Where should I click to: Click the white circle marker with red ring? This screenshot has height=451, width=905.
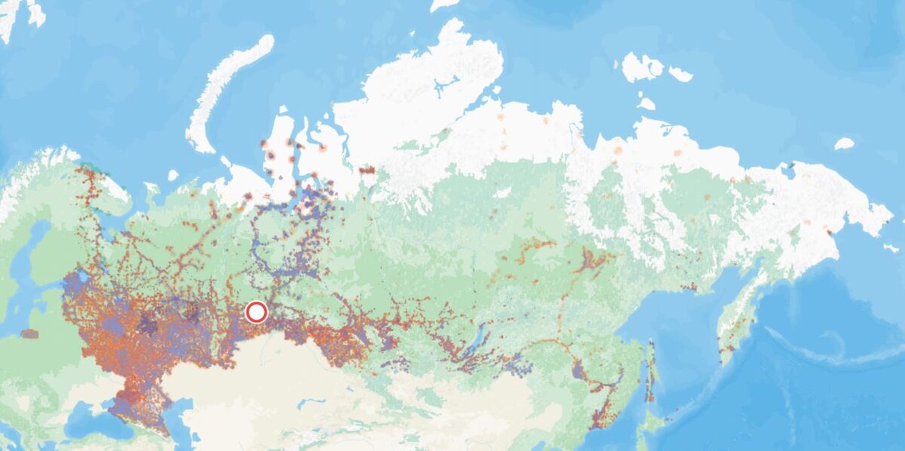tap(257, 312)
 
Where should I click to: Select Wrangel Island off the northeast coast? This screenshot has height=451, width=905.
tap(844, 143)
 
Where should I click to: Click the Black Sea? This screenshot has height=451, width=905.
tap(90, 422)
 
